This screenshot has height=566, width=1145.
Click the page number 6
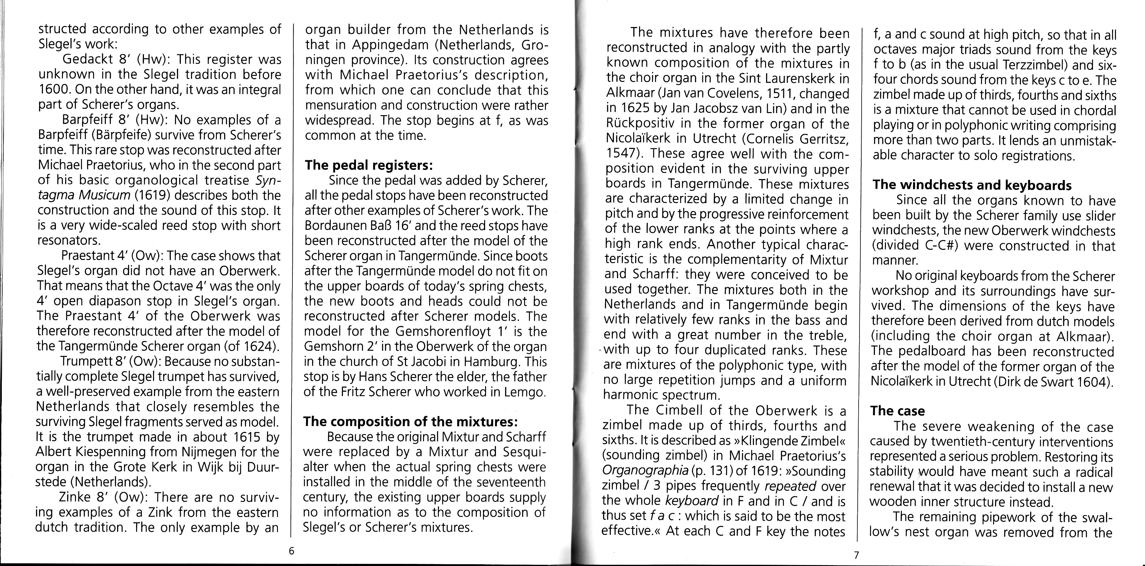pos(292,551)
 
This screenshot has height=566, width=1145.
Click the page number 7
pos(856,555)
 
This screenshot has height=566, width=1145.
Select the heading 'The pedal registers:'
pos(368,165)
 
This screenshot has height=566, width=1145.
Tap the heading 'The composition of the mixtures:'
pos(410,421)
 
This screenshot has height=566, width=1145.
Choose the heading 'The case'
pos(897,411)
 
